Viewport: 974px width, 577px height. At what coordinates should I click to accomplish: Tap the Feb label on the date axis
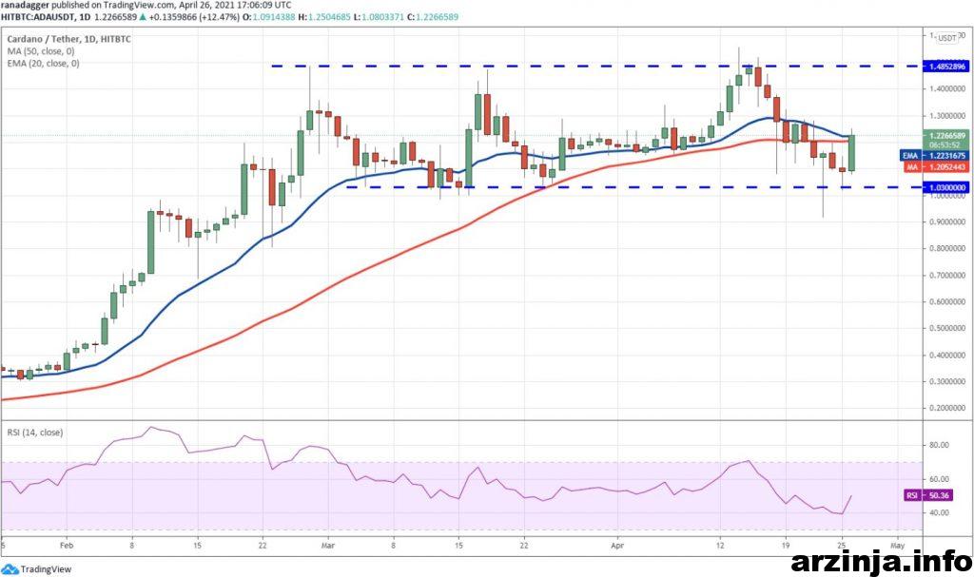[66, 548]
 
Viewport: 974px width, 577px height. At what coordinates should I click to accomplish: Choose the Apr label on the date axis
[616, 548]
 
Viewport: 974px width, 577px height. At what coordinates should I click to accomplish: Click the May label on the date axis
[897, 548]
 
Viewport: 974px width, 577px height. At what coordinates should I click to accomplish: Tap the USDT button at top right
[947, 38]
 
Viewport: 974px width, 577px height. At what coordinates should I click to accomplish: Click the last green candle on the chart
[852, 153]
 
